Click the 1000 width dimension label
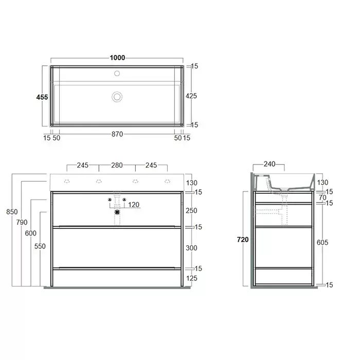pyautogui.click(x=117, y=58)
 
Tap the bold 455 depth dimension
pyautogui.click(x=42, y=97)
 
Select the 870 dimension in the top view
pyautogui.click(x=117, y=134)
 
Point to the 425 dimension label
pyautogui.click(x=191, y=96)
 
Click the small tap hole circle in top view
pyautogui.click(x=117, y=73)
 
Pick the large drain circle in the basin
pyautogui.click(x=117, y=97)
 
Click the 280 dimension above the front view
pyautogui.click(x=117, y=165)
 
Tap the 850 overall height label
pyautogui.click(x=12, y=212)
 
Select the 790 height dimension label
pyautogui.click(x=22, y=222)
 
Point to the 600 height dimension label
pyautogui.click(x=31, y=233)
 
